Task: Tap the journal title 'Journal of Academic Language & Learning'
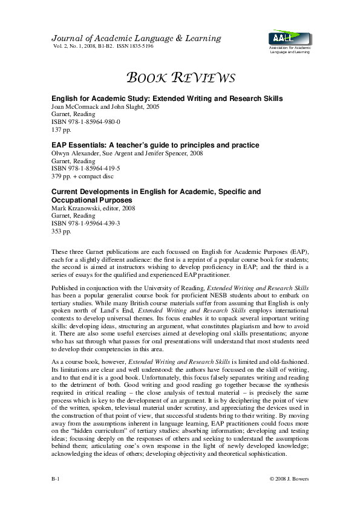[x=136, y=38]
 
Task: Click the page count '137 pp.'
[x=61, y=129]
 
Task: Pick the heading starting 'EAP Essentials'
[x=155, y=145]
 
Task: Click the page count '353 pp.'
[x=61, y=232]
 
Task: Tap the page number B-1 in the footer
[x=56, y=479]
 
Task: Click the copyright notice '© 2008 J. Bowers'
[x=289, y=479]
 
